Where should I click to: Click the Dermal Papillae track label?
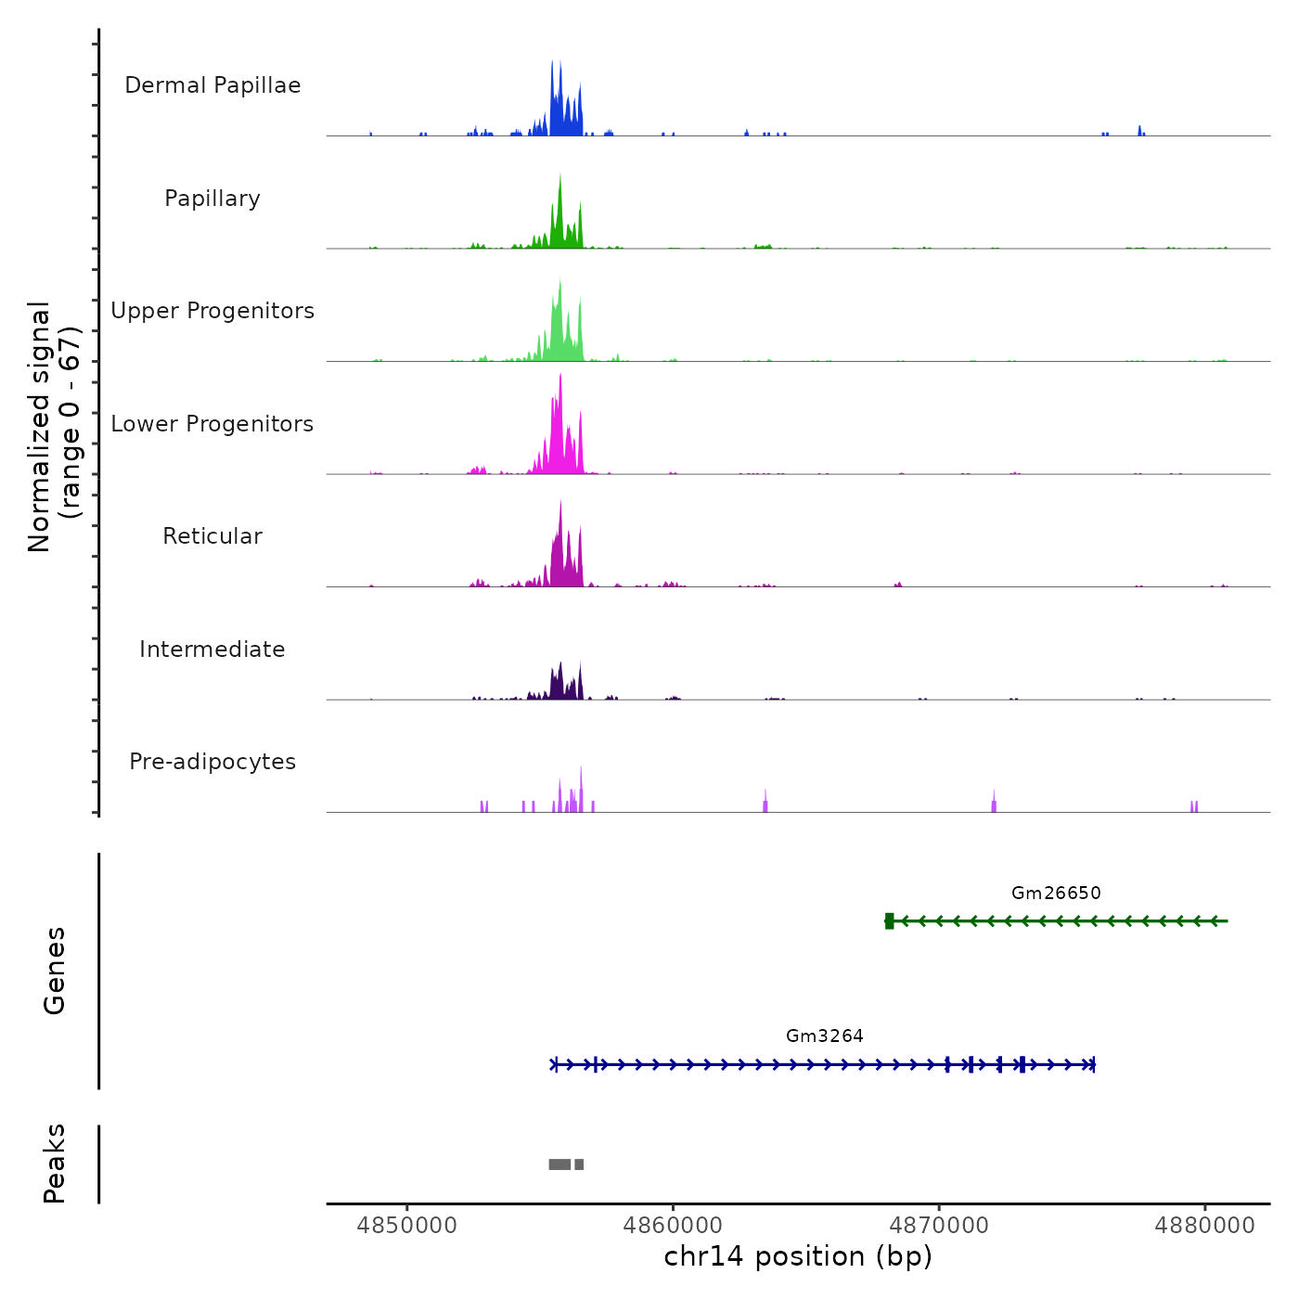coord(212,85)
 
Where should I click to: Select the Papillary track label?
coord(212,199)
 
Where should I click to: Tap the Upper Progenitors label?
coord(212,311)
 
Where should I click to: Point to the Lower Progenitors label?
coord(212,424)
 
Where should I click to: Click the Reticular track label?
coord(212,536)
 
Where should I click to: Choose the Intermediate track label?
coord(212,649)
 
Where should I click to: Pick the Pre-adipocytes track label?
coord(212,762)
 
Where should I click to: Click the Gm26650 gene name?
coord(1056,893)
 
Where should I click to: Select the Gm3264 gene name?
coord(824,1035)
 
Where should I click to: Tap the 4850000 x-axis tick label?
coord(406,1226)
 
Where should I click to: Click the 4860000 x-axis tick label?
coord(673,1226)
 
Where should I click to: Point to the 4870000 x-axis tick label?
coord(939,1226)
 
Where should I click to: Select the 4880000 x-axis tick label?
coord(1204,1226)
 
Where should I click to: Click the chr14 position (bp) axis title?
coord(798,1256)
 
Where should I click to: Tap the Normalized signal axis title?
coord(54,427)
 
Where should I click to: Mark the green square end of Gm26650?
coord(889,920)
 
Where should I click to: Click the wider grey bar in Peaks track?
coord(559,1164)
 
